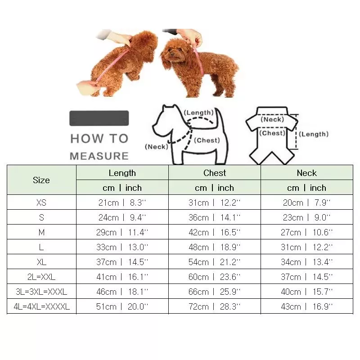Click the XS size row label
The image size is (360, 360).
point(41,202)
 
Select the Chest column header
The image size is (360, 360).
point(215,173)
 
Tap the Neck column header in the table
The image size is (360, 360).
point(306,173)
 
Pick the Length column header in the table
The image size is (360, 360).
point(122,173)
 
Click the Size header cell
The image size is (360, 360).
point(41,180)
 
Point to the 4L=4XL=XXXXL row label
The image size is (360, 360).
point(41,306)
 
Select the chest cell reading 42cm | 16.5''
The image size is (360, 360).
point(215,232)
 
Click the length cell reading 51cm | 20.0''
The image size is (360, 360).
point(122,306)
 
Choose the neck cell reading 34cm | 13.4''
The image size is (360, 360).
point(306,262)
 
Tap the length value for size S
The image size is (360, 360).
point(122,217)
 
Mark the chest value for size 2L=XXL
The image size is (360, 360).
point(215,277)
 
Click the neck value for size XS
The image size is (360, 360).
point(306,202)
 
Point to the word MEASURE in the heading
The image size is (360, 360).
point(99,156)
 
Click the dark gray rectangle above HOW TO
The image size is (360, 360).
point(99,118)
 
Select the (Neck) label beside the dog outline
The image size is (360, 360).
point(157,147)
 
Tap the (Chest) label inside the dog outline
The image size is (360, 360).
point(207,140)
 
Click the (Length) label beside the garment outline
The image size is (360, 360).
point(314,134)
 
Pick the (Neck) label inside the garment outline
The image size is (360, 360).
point(272,119)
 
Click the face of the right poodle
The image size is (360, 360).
point(172,52)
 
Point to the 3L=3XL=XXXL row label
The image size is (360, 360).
point(41,292)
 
